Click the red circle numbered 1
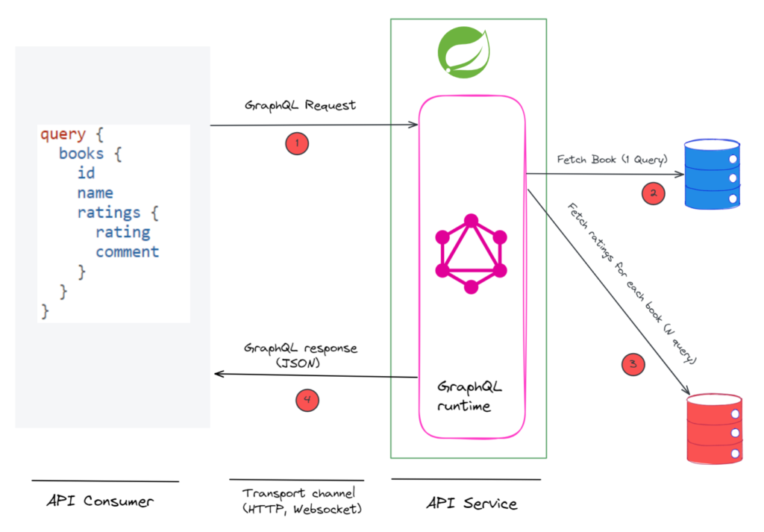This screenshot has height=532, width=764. [297, 144]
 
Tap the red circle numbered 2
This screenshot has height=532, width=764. [653, 193]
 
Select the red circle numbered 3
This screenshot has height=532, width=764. [633, 364]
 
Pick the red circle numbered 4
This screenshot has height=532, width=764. [307, 400]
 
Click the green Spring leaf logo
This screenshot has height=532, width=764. [464, 53]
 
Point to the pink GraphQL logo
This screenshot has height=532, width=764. [471, 254]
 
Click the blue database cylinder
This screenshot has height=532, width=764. [712, 174]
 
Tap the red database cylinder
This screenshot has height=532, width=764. [714, 429]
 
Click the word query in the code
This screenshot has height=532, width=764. [63, 134]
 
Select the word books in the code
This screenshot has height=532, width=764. [81, 154]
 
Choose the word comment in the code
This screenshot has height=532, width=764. [127, 252]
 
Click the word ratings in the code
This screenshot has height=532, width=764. [109, 213]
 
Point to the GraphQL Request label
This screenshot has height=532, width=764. [300, 105]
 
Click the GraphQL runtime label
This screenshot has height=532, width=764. [469, 396]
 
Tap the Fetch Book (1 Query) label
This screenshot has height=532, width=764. [612, 160]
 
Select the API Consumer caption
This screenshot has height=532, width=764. [100, 501]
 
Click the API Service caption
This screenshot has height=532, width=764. [472, 503]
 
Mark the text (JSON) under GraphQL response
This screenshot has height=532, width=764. [298, 363]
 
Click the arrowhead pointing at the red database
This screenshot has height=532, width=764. [686, 390]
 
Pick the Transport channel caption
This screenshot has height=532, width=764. [302, 501]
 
